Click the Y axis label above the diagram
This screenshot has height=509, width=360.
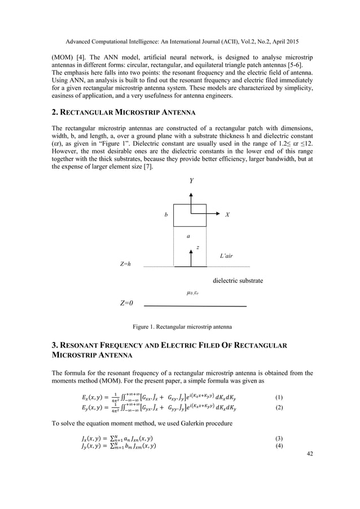(192, 182)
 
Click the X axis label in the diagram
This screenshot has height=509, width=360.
(227, 215)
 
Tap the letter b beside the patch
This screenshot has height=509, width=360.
(165, 215)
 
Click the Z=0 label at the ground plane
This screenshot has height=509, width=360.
(126, 303)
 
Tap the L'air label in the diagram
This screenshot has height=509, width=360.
(227, 256)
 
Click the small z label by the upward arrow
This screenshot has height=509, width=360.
(197, 248)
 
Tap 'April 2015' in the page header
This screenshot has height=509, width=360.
(280, 42)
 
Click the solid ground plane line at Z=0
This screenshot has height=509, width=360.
(195, 306)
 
